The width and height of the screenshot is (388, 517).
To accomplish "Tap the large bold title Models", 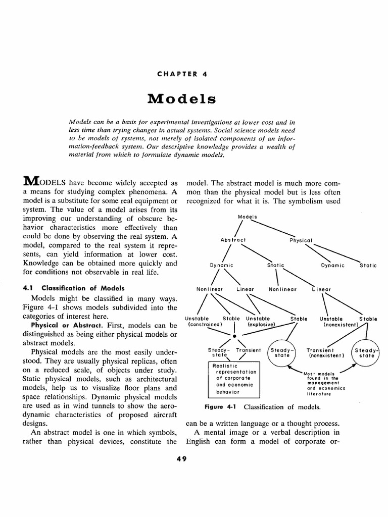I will click(x=182, y=98).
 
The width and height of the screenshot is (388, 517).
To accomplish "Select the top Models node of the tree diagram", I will click(x=248, y=217).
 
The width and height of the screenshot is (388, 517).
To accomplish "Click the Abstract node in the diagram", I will click(x=233, y=239).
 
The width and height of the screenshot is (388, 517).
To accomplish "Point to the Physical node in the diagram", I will click(x=302, y=240).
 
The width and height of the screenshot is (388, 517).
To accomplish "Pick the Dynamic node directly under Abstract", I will click(x=222, y=265).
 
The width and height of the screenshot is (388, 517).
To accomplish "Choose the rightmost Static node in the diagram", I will click(x=368, y=265).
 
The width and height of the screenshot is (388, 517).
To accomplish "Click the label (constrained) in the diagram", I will click(x=205, y=325).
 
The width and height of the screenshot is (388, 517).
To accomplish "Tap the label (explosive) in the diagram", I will click(x=260, y=325).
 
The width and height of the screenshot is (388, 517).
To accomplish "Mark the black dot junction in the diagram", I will click(x=234, y=335).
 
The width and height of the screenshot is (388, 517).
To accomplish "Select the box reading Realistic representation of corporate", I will click(x=234, y=379).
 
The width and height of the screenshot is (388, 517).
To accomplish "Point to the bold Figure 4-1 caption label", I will click(x=221, y=406).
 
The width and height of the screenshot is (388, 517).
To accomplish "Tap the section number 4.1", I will click(x=27, y=288).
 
